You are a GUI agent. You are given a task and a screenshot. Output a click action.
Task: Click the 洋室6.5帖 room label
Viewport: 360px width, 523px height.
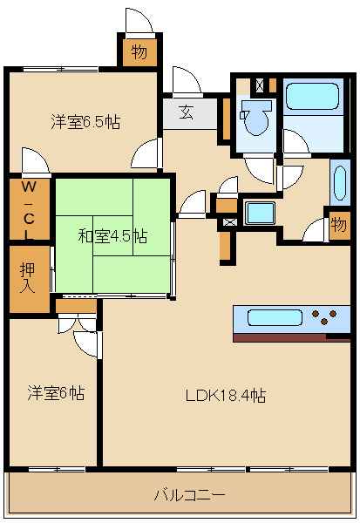[85, 122]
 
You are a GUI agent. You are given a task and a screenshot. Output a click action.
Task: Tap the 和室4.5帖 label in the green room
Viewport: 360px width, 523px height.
[112, 236]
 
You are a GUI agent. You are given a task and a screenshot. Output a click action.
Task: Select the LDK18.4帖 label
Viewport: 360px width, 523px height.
[226, 396]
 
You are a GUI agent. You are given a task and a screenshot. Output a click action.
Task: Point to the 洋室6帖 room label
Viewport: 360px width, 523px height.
[56, 393]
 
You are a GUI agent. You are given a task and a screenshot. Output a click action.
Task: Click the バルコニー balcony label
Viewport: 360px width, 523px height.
[189, 495]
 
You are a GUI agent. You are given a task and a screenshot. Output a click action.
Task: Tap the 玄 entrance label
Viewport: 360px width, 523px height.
[187, 112]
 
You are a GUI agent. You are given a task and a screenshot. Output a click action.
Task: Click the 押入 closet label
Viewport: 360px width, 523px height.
[28, 277]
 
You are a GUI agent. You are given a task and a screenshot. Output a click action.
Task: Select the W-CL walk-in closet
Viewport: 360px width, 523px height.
[30, 210]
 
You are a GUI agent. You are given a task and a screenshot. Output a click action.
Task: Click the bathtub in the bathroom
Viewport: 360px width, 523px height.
[313, 96]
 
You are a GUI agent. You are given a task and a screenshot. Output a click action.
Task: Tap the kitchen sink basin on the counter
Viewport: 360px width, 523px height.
[275, 317]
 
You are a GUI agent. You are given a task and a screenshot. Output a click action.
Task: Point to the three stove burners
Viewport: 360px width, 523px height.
[324, 317]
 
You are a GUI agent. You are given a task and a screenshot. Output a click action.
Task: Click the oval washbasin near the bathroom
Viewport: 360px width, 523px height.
[340, 183]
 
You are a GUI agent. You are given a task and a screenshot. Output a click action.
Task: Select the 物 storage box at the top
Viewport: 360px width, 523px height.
[139, 52]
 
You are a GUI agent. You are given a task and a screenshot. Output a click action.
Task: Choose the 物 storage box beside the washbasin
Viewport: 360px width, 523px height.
[339, 225]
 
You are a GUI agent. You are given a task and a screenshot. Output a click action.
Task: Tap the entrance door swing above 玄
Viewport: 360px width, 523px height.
[186, 80]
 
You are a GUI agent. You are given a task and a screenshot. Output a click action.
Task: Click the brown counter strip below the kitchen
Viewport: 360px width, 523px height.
[292, 337]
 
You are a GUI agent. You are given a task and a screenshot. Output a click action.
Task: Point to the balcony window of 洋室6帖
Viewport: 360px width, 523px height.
[57, 469]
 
